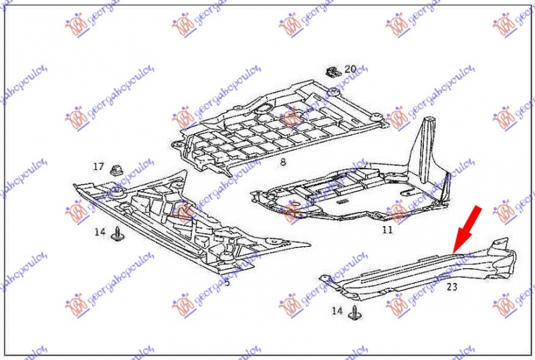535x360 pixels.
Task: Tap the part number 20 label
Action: pyautogui.click(x=351, y=69)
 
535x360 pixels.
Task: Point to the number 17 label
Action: pyautogui.click(x=98, y=167)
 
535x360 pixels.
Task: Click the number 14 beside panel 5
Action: pyautogui.click(x=100, y=232)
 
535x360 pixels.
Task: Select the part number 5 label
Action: pyautogui.click(x=227, y=283)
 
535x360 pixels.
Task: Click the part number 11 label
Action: pyautogui.click(x=387, y=230)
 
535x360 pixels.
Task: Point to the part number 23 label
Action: pyautogui.click(x=451, y=286)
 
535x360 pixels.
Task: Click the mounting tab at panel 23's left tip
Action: pyautogui.click(x=326, y=278)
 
